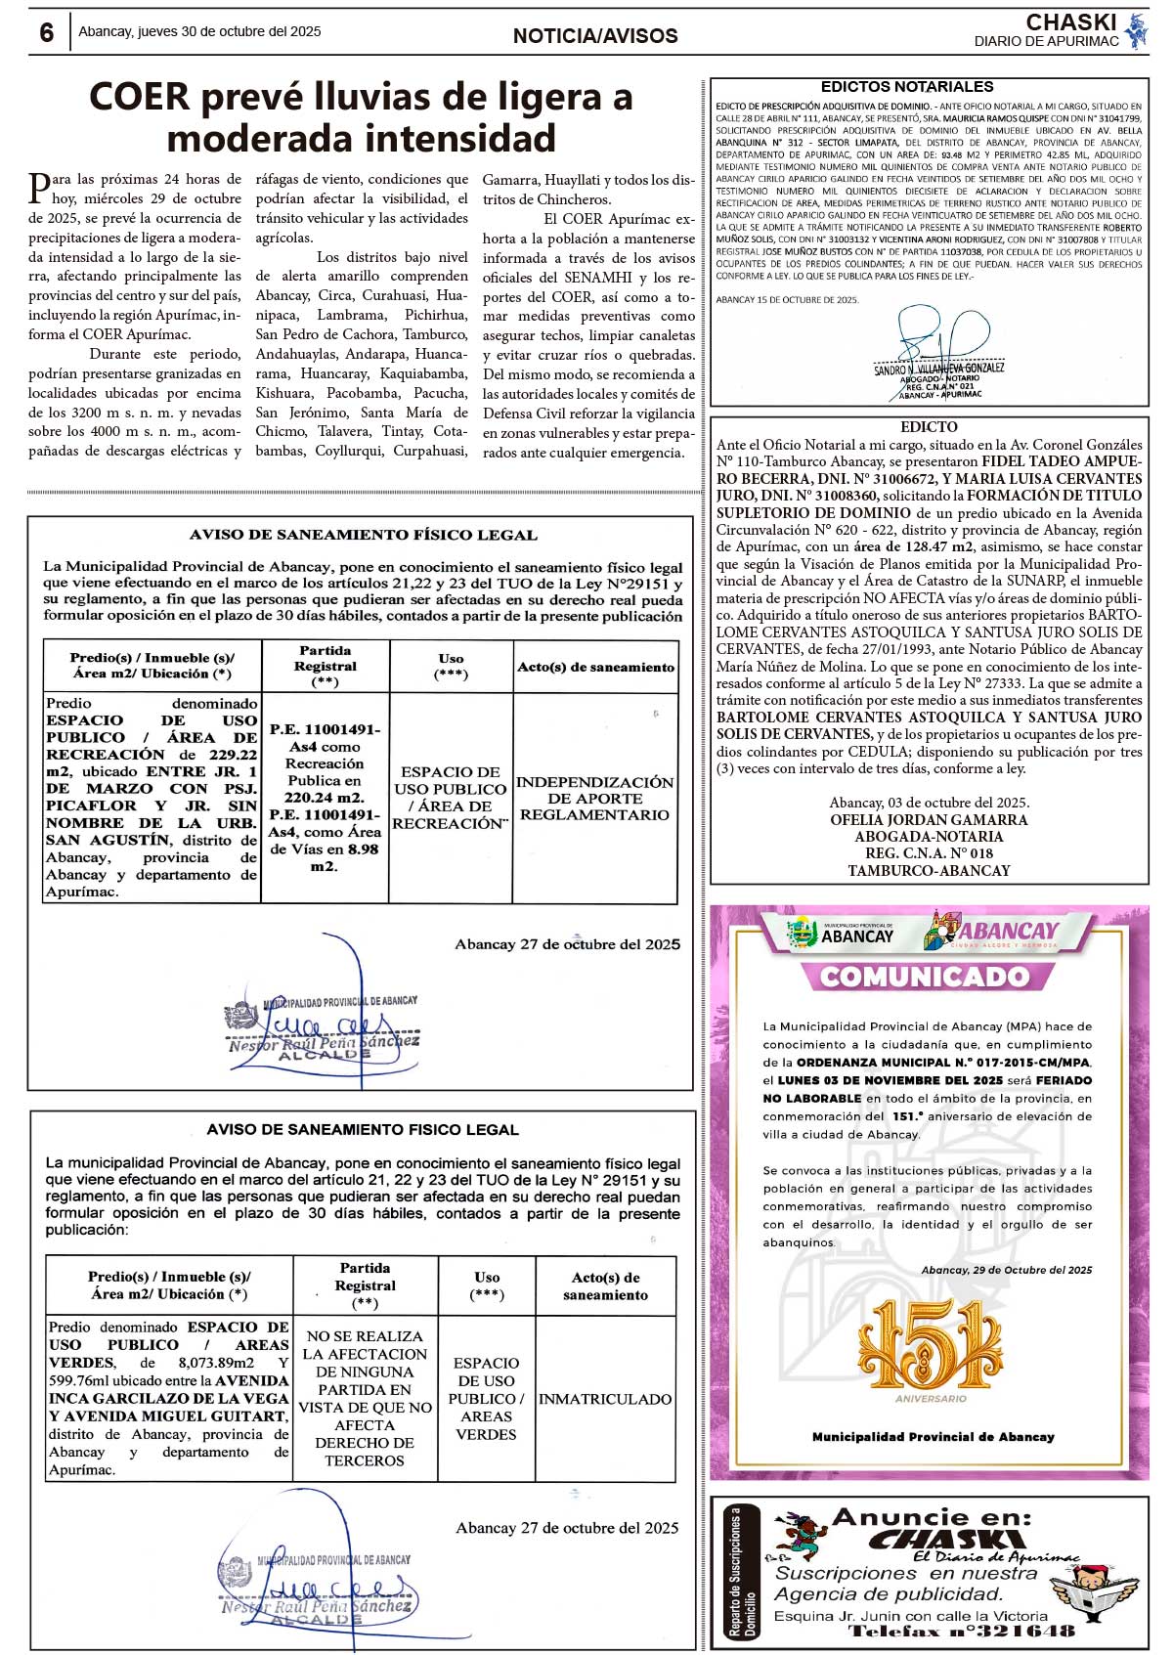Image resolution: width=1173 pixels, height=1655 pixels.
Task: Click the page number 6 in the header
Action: click(47, 32)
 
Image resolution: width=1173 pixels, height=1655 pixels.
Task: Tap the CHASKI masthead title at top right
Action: click(1070, 22)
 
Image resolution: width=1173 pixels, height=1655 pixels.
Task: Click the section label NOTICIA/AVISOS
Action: click(595, 36)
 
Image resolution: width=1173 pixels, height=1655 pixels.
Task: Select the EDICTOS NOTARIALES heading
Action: click(906, 87)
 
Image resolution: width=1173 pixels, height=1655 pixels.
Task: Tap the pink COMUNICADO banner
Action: click(924, 976)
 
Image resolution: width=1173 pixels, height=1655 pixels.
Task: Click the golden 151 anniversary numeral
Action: click(930, 1345)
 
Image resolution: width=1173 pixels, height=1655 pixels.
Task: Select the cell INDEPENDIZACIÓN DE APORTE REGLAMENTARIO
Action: click(594, 798)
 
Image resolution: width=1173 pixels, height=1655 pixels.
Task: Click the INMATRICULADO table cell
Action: click(605, 1399)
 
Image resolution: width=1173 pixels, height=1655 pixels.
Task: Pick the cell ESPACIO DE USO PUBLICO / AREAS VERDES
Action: click(486, 1398)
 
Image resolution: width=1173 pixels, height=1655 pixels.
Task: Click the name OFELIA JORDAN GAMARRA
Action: click(929, 820)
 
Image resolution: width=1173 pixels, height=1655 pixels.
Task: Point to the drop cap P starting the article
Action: click(39, 186)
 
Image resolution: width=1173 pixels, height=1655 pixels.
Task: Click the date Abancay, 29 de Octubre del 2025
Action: click(1006, 1270)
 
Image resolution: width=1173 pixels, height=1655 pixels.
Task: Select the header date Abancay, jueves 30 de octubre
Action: click(199, 32)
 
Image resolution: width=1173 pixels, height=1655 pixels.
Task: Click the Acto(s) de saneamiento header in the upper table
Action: click(595, 667)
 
